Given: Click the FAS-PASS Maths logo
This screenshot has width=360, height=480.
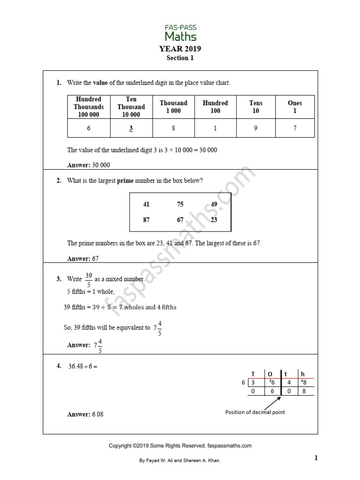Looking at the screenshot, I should point(180,33).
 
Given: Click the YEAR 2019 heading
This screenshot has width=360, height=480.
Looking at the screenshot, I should point(180,49).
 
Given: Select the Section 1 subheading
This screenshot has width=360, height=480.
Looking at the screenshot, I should point(180,58).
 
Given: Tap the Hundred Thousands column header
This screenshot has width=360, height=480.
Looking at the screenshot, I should point(89,107).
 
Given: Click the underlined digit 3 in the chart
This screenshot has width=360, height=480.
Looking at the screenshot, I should point(131,128).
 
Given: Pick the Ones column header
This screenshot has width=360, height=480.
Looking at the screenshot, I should point(295,107).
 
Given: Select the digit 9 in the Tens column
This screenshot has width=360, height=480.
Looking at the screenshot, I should point(255,128).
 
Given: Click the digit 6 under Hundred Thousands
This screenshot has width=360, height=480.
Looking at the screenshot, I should point(89,128).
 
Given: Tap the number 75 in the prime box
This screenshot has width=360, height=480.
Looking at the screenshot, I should point(180,204).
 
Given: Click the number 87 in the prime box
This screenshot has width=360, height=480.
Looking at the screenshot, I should point(146,220).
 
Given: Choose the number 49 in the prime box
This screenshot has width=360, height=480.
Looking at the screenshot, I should point(214,204).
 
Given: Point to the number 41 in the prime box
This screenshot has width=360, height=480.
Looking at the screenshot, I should point(146,204).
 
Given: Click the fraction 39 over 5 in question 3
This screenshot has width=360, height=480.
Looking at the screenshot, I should point(88,279).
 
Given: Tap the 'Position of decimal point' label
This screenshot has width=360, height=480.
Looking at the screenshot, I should point(255,412).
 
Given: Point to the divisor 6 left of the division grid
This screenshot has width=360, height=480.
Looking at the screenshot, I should point(243,382).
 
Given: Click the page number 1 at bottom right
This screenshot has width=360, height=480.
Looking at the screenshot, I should point(316,458).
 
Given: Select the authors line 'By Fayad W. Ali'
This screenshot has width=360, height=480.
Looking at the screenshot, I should point(180,461).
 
